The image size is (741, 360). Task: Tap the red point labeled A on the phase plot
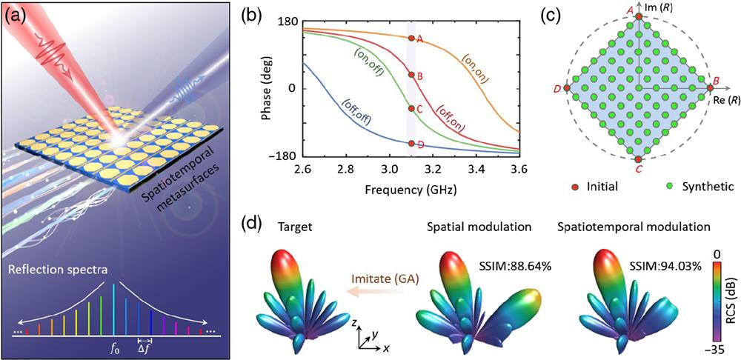click(411, 38)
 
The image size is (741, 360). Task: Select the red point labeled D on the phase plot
click(411, 143)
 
